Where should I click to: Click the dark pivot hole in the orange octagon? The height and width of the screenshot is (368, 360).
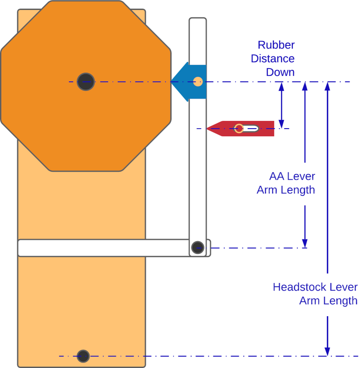pos(85,82)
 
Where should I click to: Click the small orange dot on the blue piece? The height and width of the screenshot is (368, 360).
pos(197,82)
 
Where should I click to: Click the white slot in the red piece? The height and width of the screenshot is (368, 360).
pos(250,129)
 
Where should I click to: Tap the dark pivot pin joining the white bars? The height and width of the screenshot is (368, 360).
pos(197,248)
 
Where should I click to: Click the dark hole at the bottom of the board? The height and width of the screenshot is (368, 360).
pos(83,356)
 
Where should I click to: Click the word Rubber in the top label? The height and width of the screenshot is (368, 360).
pos(276,45)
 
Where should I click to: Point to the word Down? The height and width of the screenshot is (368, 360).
pos(280,72)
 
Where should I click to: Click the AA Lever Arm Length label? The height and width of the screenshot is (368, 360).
pos(286,183)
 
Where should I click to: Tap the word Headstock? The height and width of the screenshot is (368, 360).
pos(300,287)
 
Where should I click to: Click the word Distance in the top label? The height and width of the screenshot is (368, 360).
pos(272,59)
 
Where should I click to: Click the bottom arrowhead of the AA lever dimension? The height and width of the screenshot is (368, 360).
pos(305,244)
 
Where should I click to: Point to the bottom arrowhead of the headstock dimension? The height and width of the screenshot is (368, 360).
pos(327,351)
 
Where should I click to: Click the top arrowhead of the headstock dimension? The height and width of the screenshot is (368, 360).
pos(327,86)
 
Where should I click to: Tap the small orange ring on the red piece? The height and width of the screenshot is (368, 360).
pos(239,129)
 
